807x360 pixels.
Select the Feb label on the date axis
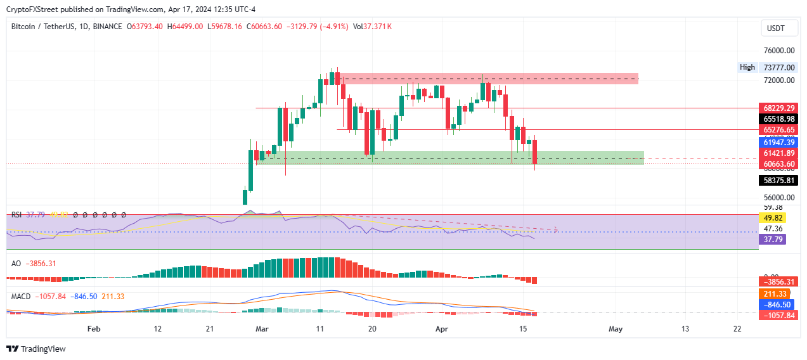(x=94, y=329)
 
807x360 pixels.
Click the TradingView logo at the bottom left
(x=36, y=349)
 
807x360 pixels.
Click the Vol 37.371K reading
(x=373, y=27)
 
